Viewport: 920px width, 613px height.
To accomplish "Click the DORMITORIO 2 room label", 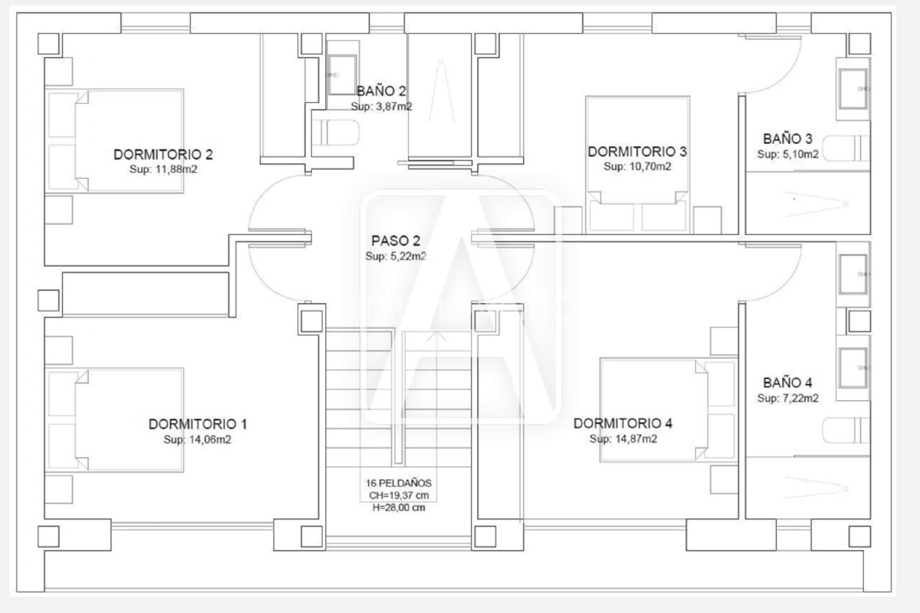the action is click(x=163, y=154).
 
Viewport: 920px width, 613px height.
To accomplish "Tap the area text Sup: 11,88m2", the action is click(x=163, y=169).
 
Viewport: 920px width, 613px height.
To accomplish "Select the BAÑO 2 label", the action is click(x=381, y=91).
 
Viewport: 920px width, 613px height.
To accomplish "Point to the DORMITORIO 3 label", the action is click(x=637, y=152).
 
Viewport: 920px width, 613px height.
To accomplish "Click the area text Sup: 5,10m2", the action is click(x=788, y=154).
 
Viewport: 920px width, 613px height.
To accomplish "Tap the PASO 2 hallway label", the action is click(x=396, y=240).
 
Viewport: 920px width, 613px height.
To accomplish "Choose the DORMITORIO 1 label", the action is click(x=198, y=424).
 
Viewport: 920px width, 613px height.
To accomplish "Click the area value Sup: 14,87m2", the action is click(x=623, y=439).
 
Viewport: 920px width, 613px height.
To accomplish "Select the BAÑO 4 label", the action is click(x=787, y=382).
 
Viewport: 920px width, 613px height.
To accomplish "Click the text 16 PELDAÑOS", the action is click(x=398, y=484).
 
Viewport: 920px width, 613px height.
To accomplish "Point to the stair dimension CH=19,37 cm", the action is click(x=398, y=495).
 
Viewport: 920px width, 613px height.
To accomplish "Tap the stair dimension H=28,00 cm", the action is click(x=398, y=508).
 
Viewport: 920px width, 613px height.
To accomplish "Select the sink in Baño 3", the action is click(x=853, y=89).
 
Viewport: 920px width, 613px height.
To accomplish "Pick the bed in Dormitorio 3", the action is click(x=637, y=165).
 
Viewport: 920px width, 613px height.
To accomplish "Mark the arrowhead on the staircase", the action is click(x=436, y=336).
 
